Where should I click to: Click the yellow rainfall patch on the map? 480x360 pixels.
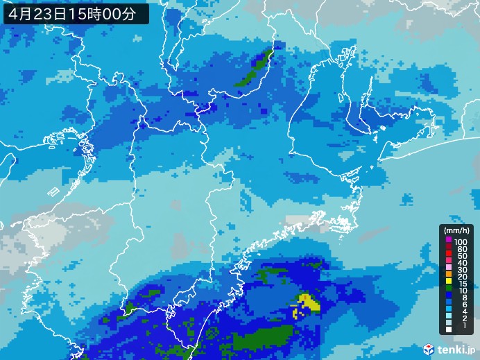(307, 302)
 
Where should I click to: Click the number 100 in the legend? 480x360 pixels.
(461, 241)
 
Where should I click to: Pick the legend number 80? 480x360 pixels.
(461, 249)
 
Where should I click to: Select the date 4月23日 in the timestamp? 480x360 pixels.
(41, 12)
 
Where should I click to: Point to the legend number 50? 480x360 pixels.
(461, 257)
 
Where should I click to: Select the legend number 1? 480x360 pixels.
(463, 326)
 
